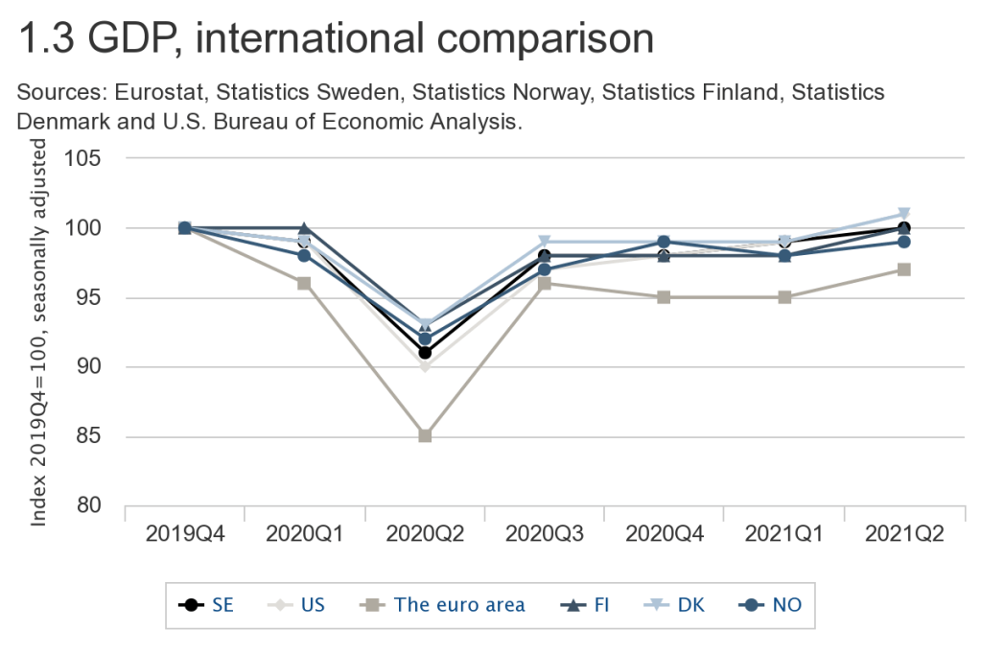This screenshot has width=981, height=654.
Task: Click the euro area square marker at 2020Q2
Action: pos(425,435)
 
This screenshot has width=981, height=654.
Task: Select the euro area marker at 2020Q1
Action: pos(304,283)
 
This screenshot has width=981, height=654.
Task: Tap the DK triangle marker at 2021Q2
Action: pos(903,214)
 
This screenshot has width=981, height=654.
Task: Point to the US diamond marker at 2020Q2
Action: pos(425,366)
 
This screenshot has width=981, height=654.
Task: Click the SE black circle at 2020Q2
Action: pos(425,353)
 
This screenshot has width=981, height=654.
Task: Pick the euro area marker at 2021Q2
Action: pos(903,269)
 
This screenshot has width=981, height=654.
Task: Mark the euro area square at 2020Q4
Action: pos(664,297)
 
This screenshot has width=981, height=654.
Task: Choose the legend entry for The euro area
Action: pos(447,604)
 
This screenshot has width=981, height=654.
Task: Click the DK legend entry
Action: pos(677,604)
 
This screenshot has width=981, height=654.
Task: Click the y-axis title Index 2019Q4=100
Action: pos(40,384)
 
